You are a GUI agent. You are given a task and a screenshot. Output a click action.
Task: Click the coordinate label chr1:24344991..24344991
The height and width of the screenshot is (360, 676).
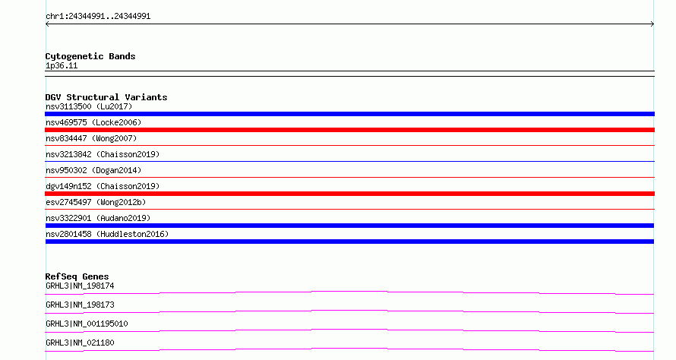point(98,17)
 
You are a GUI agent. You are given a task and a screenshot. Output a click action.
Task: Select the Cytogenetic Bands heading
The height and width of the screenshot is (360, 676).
point(90,56)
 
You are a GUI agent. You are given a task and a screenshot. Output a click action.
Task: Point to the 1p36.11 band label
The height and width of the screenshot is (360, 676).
point(62,65)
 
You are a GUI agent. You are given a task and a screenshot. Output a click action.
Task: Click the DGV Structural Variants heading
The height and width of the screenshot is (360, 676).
point(106,97)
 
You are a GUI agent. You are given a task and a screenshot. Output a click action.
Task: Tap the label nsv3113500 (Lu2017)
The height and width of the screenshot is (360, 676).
point(89,106)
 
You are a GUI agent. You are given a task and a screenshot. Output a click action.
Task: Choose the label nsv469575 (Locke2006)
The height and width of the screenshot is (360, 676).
point(93,122)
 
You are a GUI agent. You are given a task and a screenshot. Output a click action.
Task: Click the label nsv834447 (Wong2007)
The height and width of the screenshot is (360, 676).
point(91,138)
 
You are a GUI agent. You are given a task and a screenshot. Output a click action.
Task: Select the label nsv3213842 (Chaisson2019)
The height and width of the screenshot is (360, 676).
point(103,154)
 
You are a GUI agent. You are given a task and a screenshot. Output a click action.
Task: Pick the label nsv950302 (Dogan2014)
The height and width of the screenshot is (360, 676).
point(93,170)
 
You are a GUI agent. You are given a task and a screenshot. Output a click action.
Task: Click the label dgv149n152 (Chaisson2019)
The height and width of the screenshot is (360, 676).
point(103,186)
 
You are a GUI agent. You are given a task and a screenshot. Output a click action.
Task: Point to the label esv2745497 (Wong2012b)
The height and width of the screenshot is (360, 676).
point(96,202)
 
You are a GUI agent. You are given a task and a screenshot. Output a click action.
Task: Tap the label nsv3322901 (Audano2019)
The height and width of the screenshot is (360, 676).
point(98,218)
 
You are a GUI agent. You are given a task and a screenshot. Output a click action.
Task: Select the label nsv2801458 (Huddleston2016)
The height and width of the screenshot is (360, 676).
point(107,234)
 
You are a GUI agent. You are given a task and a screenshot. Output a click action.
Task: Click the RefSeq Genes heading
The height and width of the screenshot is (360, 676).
point(77,276)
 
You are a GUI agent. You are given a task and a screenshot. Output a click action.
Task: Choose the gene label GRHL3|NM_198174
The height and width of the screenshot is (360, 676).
point(80,286)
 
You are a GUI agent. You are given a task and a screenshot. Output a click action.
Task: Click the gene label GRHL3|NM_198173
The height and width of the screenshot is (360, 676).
point(80,305)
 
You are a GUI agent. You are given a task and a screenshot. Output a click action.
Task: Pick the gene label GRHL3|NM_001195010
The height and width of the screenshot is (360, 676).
point(87,324)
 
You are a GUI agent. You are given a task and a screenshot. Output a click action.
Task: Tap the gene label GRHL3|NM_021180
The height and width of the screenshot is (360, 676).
point(80,343)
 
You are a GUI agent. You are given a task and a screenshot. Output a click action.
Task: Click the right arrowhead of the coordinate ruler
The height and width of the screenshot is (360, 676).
point(653,24)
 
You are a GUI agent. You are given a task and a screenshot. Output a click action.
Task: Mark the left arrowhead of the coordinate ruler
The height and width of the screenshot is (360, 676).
point(46,24)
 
